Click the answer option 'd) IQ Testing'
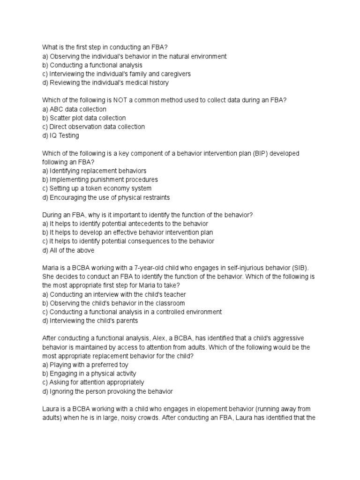click(60, 135)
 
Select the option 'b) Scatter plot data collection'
click(84, 118)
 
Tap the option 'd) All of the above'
click(68, 250)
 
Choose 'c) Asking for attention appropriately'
click(93, 382)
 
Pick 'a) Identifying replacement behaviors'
click(94, 171)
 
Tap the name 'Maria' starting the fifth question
click(51, 268)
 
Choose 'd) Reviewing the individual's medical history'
click(105, 82)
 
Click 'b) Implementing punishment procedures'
click(100, 180)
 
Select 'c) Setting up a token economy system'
click(97, 188)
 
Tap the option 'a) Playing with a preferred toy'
click(85, 365)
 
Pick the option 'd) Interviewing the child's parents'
click(90, 321)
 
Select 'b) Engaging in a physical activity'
click(89, 374)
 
